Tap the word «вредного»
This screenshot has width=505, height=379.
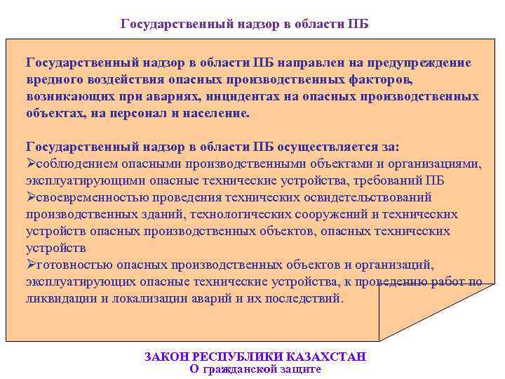52,79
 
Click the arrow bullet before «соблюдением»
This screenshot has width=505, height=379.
30,164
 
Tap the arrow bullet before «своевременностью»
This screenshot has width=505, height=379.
30,197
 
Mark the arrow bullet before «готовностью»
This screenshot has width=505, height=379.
30,265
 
